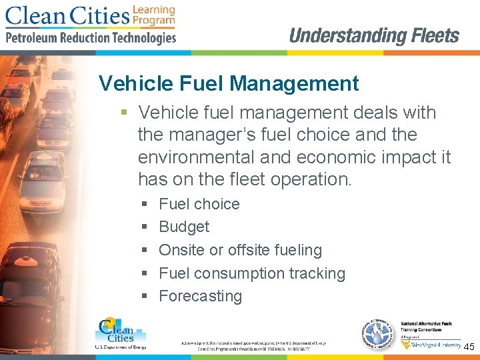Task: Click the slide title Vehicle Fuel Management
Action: [x=229, y=84]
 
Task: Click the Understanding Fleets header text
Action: [x=374, y=35]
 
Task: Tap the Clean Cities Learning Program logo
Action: [x=90, y=15]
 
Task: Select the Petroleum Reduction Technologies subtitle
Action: [x=91, y=38]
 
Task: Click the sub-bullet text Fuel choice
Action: [x=199, y=204]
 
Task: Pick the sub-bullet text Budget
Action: [x=184, y=227]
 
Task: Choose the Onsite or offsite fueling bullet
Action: [x=240, y=250]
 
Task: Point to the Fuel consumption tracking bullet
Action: [x=252, y=273]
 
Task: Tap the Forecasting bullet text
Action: [x=200, y=296]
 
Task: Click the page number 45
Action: [x=469, y=347]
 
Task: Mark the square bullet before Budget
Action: [x=143, y=227]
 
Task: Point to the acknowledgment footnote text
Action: [x=253, y=345]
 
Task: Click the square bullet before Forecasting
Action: [x=143, y=297]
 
